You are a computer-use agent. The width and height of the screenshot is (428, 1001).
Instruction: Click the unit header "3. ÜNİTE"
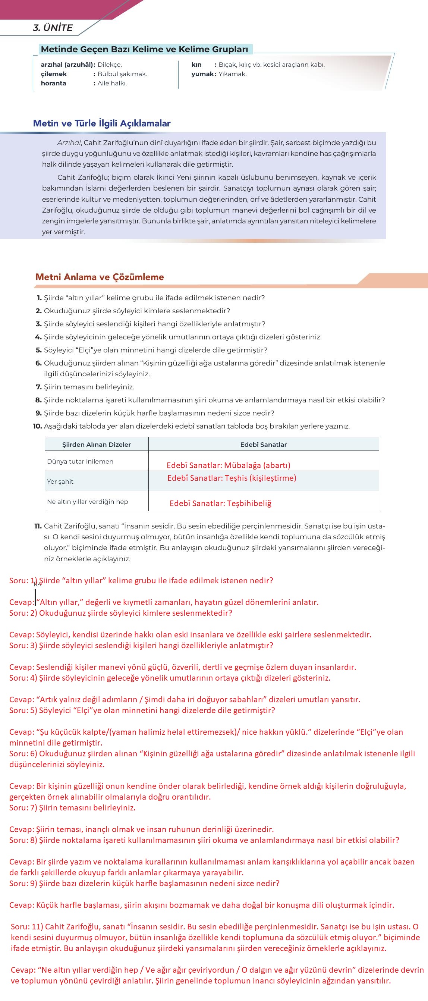[x=53, y=28]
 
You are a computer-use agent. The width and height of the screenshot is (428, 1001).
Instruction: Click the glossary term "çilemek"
[x=54, y=74]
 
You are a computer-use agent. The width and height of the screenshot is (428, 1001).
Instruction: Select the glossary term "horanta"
[x=53, y=83]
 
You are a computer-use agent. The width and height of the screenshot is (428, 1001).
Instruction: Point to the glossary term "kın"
[x=196, y=65]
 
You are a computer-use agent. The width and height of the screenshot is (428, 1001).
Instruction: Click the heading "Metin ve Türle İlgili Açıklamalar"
[x=102, y=123]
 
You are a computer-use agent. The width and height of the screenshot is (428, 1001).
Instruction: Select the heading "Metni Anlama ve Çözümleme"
[x=100, y=277]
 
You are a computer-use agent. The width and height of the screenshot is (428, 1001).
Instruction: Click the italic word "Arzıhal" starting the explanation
[x=69, y=142]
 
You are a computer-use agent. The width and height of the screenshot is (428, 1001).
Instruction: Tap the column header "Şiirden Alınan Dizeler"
[x=97, y=445]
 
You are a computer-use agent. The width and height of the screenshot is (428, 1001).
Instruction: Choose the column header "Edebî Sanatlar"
[x=263, y=445]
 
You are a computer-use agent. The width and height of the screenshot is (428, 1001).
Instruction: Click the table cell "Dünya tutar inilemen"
[x=80, y=461]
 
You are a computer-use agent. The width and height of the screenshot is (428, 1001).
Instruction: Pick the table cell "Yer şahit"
[x=60, y=481]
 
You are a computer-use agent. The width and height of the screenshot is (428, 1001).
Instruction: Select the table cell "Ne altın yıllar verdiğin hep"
[x=87, y=502]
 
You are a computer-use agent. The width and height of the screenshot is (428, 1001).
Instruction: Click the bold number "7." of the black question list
[x=38, y=387]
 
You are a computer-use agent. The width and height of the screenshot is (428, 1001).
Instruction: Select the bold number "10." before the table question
[x=37, y=426]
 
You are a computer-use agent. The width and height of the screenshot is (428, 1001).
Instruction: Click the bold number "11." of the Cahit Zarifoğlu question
[x=38, y=526]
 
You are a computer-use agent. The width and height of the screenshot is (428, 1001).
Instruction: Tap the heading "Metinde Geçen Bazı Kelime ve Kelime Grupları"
[x=145, y=49]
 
